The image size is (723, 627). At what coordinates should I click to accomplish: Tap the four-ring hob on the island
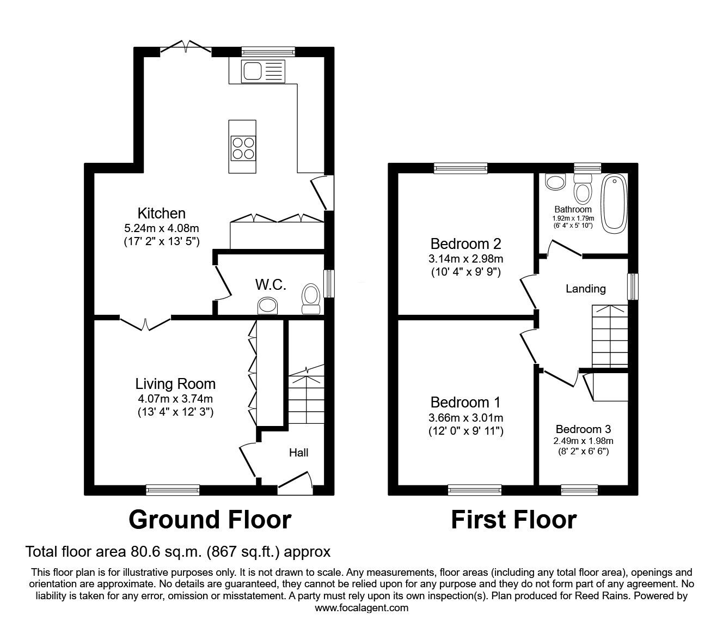pos(243,148)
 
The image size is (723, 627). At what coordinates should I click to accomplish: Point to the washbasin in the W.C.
pos(267,306)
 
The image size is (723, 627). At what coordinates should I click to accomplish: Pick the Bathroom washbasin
pos(556,182)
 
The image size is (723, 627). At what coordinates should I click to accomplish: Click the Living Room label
pos(175,384)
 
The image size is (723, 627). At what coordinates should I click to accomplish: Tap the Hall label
pos(298,453)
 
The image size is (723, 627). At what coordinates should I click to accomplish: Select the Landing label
pos(585,289)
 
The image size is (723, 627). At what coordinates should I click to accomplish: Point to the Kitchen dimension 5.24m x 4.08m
pos(161,228)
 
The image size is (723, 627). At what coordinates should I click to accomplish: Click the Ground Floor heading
pos(210,520)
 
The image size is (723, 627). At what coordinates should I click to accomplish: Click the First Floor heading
pos(513,520)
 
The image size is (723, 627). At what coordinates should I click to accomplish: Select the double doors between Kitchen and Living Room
pos(145,324)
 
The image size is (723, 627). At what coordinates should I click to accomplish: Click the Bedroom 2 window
pos(461,168)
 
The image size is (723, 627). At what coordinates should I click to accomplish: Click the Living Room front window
pos(173,490)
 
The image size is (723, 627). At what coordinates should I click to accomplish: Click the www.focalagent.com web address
pos(361,608)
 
